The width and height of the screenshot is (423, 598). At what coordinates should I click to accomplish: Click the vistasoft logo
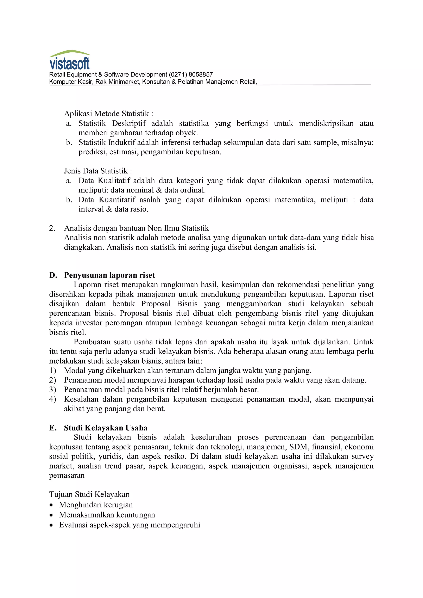pos(70,60)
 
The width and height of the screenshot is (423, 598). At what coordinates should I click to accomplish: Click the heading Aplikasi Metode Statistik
pos(108,114)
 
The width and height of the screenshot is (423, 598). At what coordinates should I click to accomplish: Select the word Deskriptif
pos(129,123)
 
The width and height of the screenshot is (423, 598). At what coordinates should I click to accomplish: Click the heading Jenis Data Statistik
pos(98,171)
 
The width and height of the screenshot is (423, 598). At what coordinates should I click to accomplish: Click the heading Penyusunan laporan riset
pos(109,275)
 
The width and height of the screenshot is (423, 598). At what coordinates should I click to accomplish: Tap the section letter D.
pos(53,275)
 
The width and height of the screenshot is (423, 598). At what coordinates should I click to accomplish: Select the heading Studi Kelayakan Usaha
pos(106,428)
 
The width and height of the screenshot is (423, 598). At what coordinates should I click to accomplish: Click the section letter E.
pos(53,428)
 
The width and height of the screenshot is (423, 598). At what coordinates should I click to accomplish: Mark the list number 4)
pos(53,399)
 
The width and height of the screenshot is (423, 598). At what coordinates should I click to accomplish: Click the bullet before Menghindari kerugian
pos(51,505)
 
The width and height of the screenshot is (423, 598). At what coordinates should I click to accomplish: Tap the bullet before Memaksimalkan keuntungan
pos(51,515)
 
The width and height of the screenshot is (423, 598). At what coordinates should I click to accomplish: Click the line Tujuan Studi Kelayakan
pos(89,494)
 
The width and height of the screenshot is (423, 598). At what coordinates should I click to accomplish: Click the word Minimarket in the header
pos(124,82)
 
